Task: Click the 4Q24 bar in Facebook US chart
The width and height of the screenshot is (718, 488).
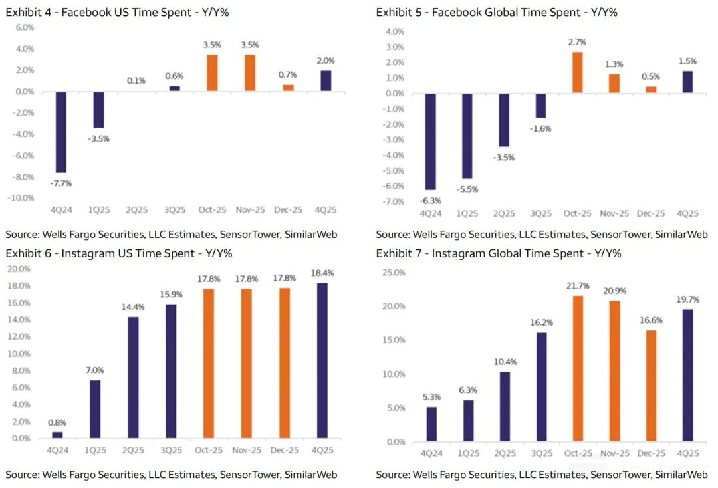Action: coord(60,132)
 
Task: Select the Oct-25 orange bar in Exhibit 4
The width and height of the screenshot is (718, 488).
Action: coord(212,72)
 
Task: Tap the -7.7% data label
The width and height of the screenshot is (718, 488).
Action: coord(61,183)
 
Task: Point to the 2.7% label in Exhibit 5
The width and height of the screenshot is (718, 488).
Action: coord(577,42)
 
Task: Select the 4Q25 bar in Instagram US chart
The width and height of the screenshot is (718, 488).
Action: coord(322,360)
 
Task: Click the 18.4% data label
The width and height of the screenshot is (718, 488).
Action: coord(322,273)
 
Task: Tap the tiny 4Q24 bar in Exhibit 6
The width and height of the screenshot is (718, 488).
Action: coord(57,435)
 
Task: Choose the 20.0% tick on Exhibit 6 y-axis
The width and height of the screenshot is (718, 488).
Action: coord(18,269)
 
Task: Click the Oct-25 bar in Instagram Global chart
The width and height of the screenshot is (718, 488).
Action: coord(578,368)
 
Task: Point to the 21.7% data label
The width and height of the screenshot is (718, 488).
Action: coord(578,286)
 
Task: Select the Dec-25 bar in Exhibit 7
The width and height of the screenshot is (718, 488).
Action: coord(651,386)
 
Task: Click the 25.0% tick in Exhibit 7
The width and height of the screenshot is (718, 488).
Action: coord(393,273)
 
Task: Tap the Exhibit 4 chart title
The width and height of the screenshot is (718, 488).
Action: coord(118,12)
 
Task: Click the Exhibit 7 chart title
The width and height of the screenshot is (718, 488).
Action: coord(499,253)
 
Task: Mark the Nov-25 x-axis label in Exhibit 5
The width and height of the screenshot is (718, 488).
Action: coord(614,213)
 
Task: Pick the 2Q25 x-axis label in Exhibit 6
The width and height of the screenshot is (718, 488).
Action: coord(134,450)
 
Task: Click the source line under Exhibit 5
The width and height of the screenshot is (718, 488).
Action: coord(541,234)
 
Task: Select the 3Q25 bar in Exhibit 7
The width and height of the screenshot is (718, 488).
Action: coord(541,387)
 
